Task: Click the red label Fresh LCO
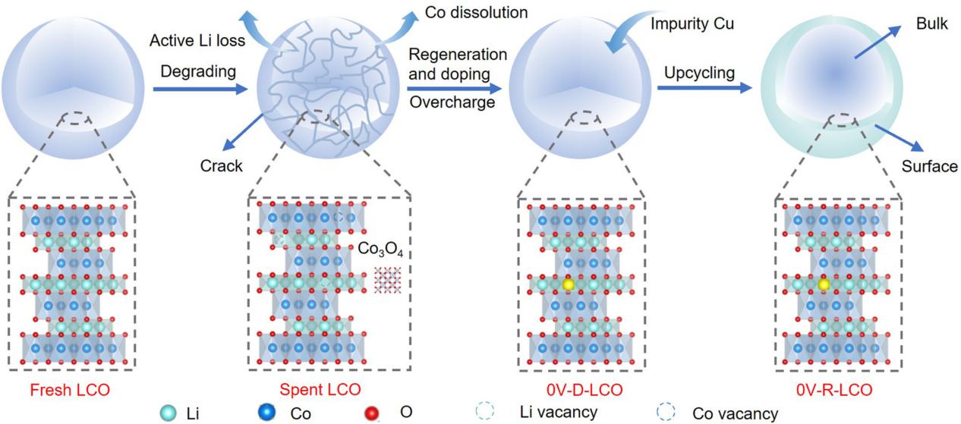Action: coord(70,391)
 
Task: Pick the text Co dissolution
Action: coord(476,13)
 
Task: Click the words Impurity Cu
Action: coord(692,24)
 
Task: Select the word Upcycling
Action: coord(699,74)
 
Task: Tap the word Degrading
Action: coord(193,72)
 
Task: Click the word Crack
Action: coord(221,165)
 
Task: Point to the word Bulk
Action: coord(931,24)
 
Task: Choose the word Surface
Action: coord(929,166)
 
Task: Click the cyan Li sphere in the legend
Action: coord(167,413)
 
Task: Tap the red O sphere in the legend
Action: coord(372,413)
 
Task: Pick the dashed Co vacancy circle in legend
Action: coord(666,413)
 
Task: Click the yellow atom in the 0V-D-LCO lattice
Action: coord(567,284)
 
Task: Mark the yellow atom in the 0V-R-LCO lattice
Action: coord(824,284)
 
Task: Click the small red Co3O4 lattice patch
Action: coord(386,279)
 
